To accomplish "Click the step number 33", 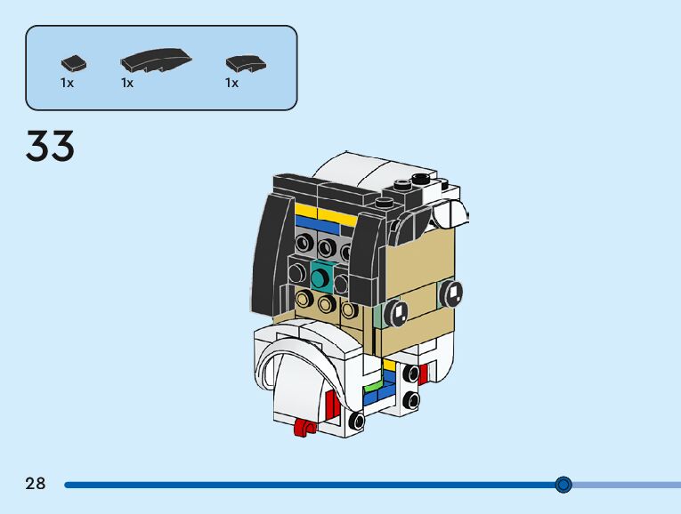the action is (x=50, y=147).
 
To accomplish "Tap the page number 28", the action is (x=36, y=484).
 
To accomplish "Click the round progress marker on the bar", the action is (x=563, y=485).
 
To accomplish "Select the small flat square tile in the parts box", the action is (x=74, y=63).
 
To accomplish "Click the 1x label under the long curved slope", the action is (x=127, y=83).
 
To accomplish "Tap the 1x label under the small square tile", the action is (x=67, y=83).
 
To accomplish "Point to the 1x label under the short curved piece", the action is (x=231, y=83).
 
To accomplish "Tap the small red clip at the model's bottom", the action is (x=304, y=430).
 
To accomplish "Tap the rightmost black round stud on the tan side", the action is (x=452, y=291).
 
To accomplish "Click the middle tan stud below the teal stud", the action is (x=328, y=305).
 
